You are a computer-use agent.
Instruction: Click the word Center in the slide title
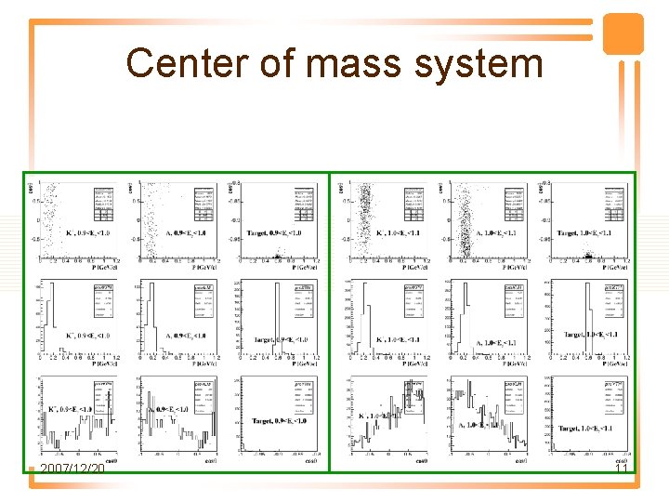(x=177, y=64)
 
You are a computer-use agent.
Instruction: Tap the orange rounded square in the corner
(x=623, y=33)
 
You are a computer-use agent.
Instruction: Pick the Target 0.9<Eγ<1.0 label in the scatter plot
(x=282, y=233)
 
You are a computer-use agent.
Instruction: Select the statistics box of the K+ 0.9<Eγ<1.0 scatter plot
(x=103, y=201)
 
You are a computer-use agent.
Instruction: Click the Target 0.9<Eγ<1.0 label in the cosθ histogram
(x=282, y=421)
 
